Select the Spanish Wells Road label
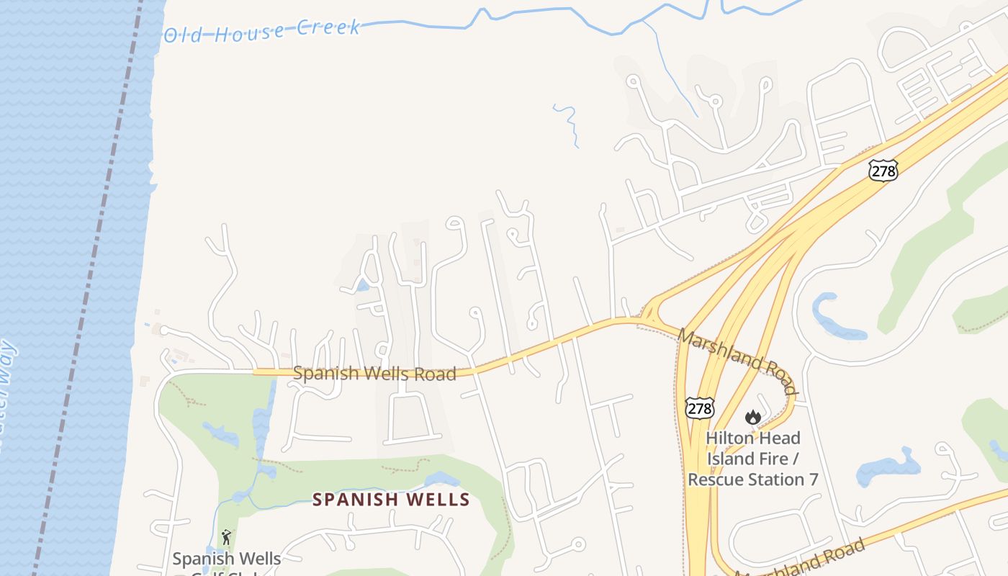click(374, 374)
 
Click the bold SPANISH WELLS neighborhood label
click(391, 499)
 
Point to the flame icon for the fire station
click(752, 417)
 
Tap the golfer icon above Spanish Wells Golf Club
click(226, 537)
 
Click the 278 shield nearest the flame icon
click(699, 408)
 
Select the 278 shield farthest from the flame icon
click(883, 170)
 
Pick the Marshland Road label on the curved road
click(738, 361)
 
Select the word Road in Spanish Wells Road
click(435, 374)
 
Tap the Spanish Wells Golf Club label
click(226, 559)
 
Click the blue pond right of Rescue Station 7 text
click(888, 468)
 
